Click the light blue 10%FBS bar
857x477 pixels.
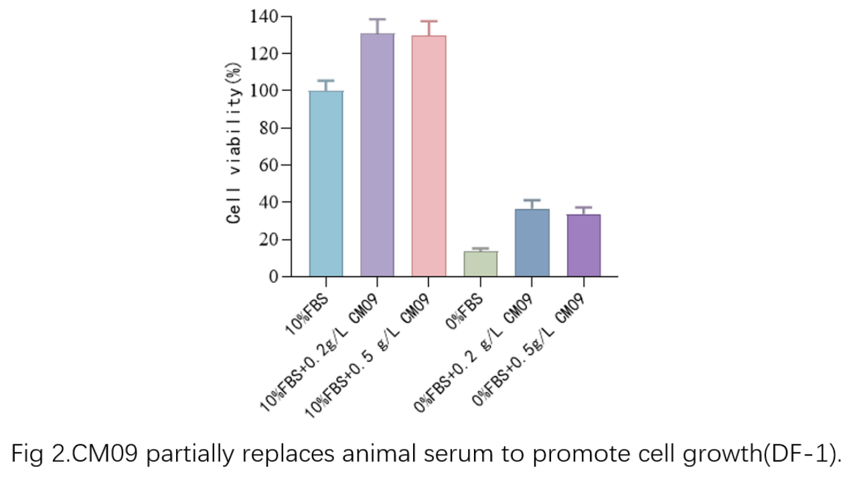[326, 183]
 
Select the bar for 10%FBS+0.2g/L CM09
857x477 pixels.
[377, 155]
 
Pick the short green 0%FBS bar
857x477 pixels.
[480, 264]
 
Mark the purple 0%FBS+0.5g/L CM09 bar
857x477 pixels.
[583, 246]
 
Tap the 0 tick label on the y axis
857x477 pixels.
[273, 276]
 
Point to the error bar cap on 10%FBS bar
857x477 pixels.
[326, 81]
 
